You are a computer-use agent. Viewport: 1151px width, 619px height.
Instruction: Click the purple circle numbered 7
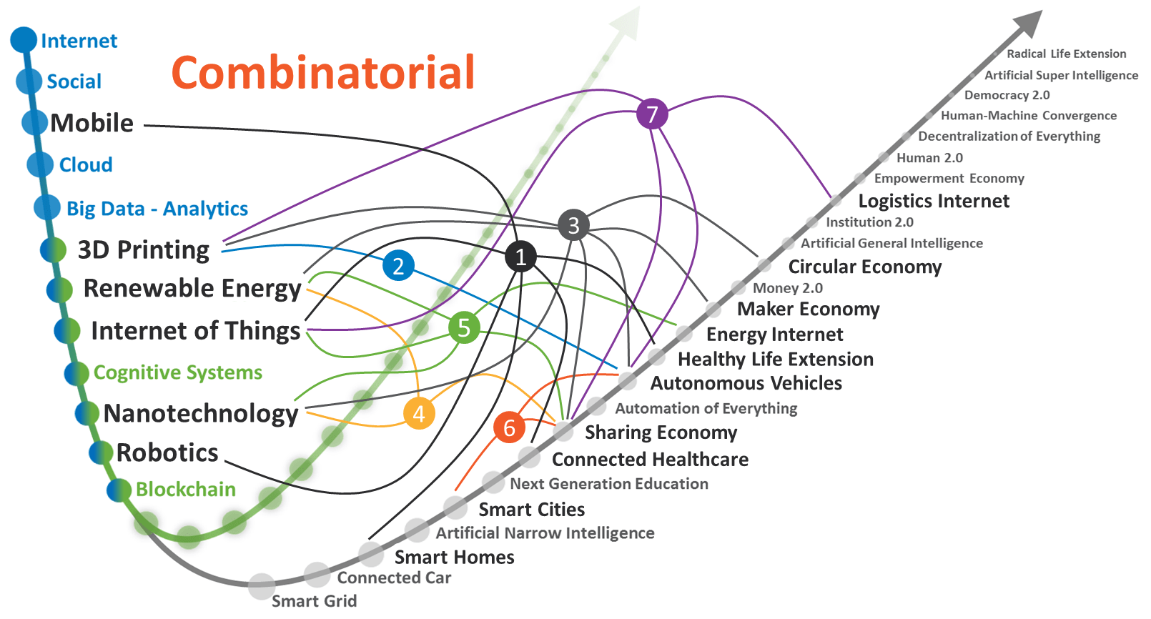tap(652, 114)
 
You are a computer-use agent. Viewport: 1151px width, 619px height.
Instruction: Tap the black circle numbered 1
tap(520, 257)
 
